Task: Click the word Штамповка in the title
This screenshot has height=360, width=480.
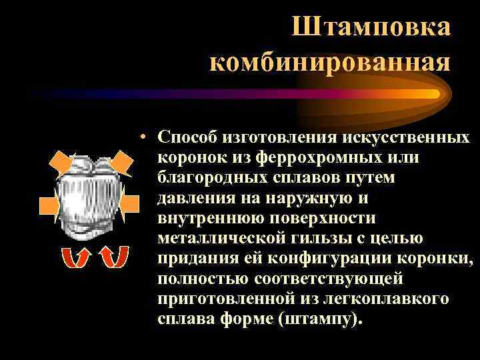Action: [x=371, y=27]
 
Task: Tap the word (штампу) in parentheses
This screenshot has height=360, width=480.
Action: [x=324, y=319]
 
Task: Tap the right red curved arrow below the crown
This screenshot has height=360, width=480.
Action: [x=111, y=257]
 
